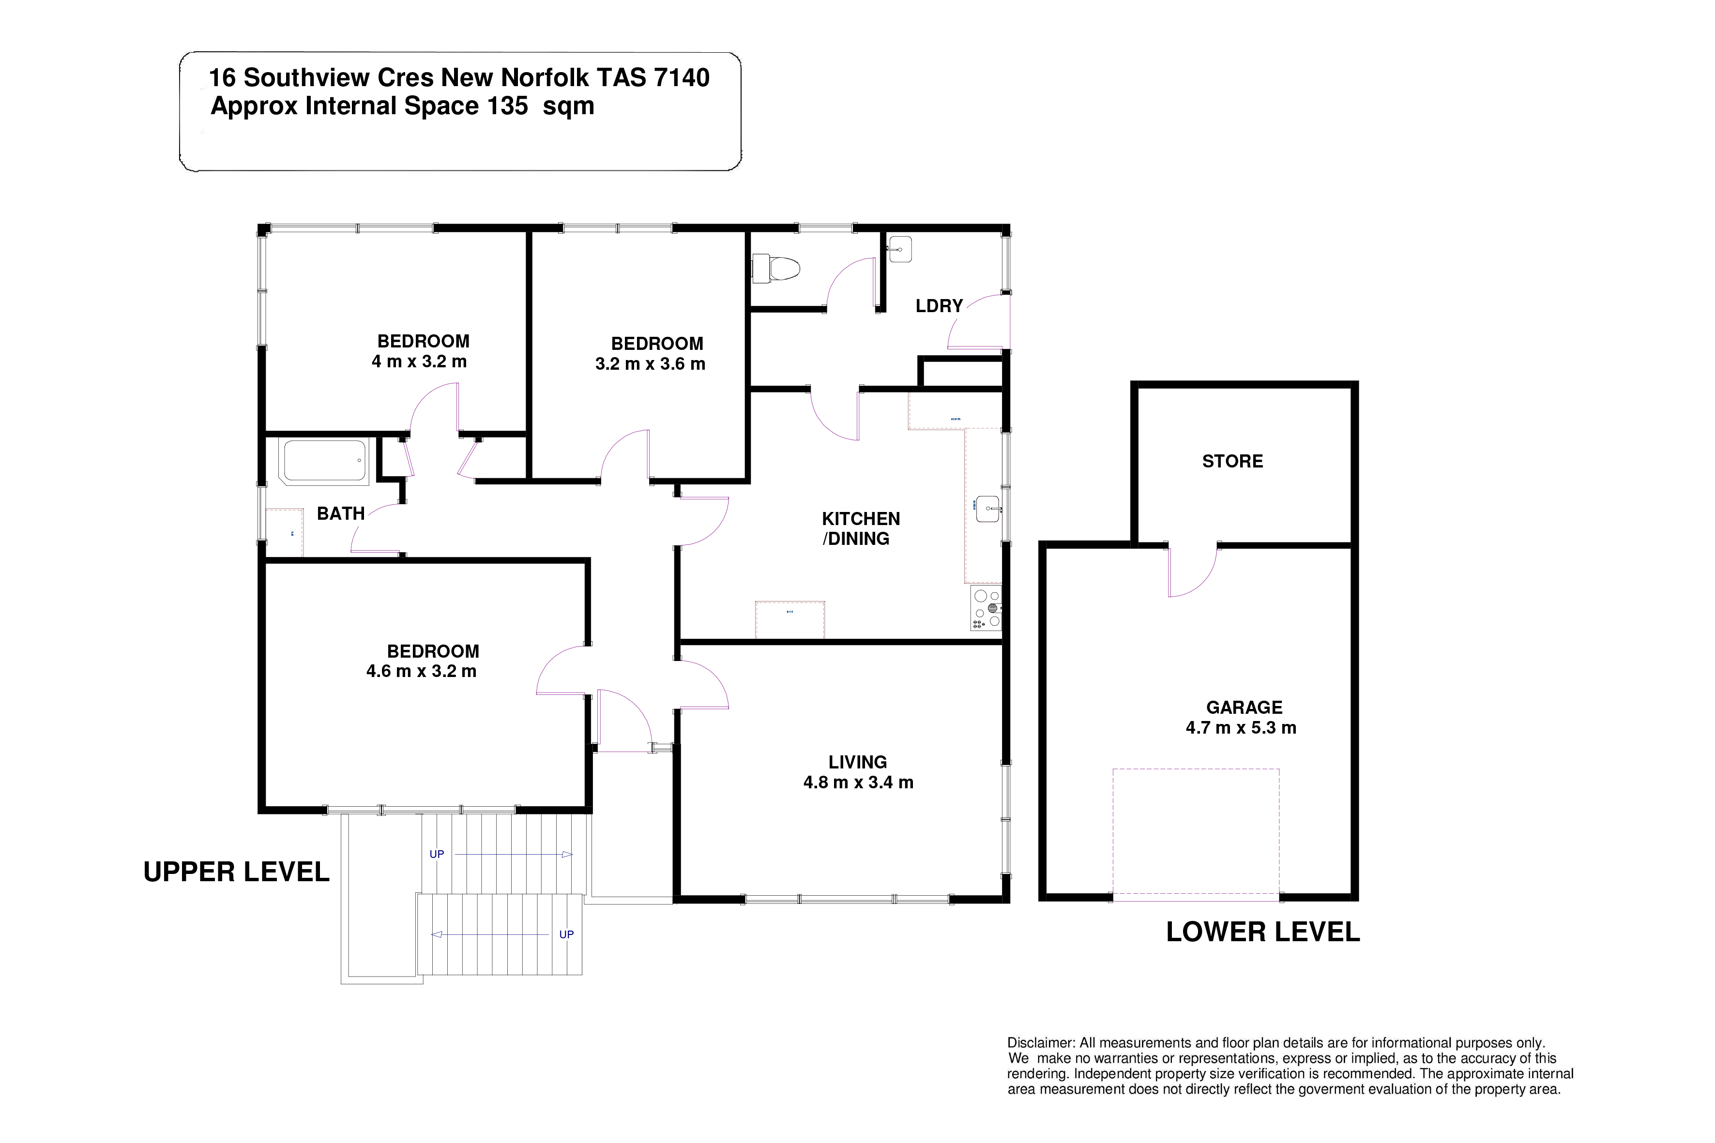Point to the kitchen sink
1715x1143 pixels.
tap(989, 509)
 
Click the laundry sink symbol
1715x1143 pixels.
tap(900, 249)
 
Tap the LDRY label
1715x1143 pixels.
tap(939, 306)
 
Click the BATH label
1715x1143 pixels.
tap(340, 514)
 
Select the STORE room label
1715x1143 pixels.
tap(1232, 462)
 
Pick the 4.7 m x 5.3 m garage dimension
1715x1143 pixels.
tap(1241, 727)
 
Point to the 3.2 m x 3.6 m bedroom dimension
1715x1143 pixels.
tap(651, 364)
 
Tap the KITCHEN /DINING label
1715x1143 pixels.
tap(861, 528)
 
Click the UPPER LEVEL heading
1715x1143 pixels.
tap(236, 872)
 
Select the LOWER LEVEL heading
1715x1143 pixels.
tap(1263, 932)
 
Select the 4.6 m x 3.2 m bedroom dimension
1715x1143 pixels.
tap(422, 671)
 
